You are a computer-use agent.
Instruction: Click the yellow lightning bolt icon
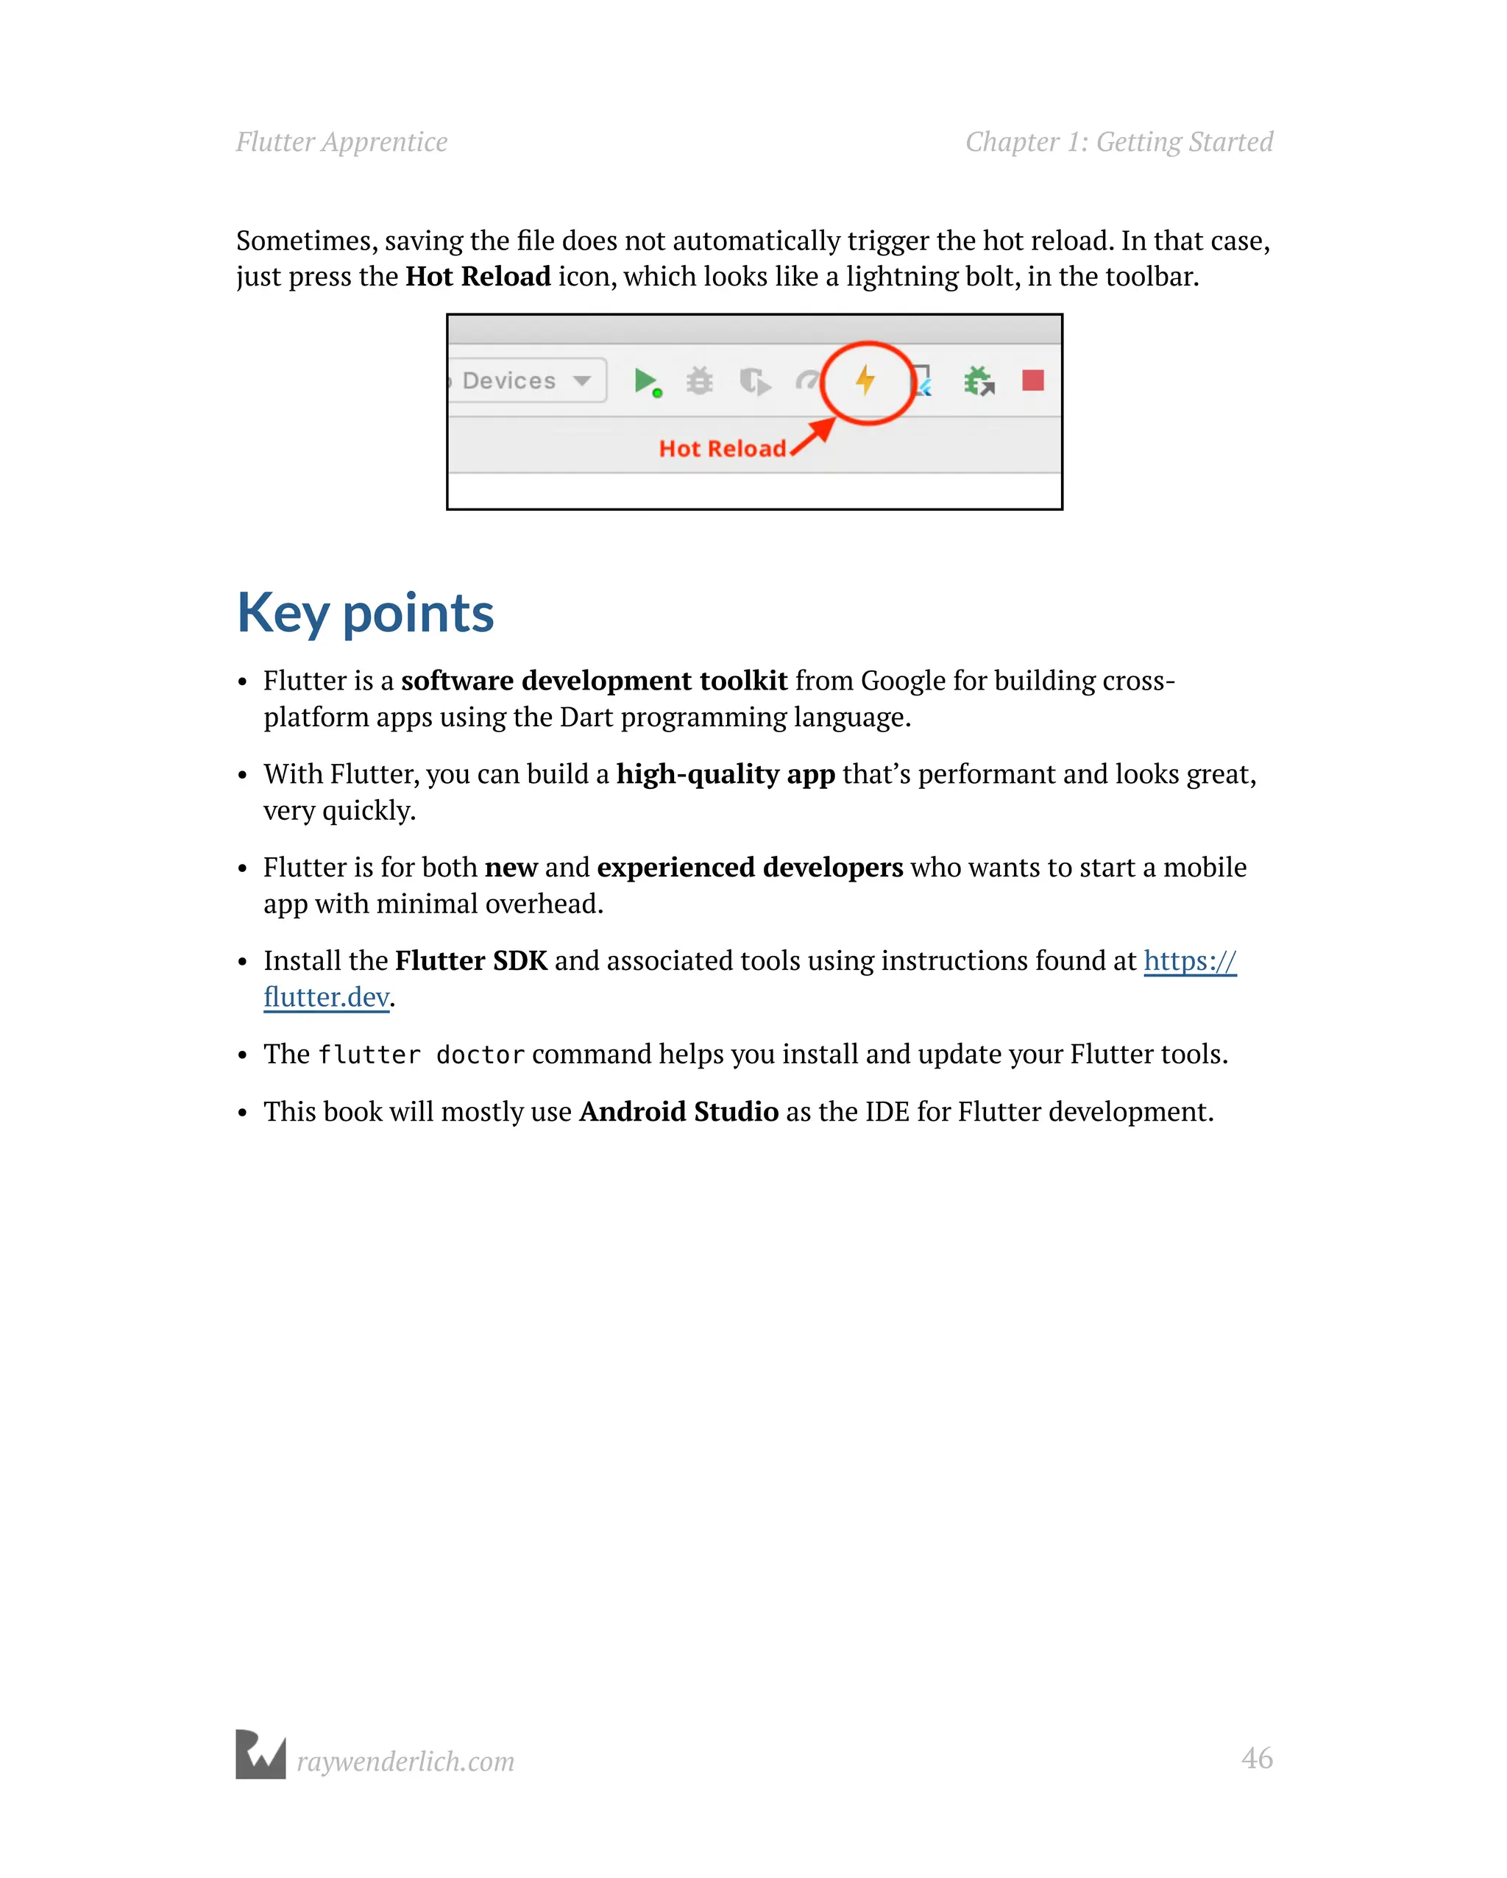[x=865, y=380]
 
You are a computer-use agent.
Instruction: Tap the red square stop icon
[x=1033, y=380]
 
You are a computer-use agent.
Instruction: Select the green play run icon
[x=645, y=380]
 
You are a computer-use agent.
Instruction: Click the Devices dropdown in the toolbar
[x=527, y=380]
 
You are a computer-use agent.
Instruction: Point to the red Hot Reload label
[x=722, y=449]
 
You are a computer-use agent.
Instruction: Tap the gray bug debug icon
[x=700, y=380]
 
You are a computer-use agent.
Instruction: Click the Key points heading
[x=365, y=613]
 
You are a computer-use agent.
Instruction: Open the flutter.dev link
[x=326, y=996]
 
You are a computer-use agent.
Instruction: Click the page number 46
[x=1256, y=1758]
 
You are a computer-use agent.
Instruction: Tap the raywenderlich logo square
[x=260, y=1754]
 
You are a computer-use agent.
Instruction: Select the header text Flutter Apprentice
[x=341, y=142]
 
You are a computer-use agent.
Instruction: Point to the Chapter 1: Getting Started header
[x=1118, y=142]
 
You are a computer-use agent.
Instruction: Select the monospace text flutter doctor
[x=421, y=1055]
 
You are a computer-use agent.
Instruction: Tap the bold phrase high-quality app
[x=725, y=773]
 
